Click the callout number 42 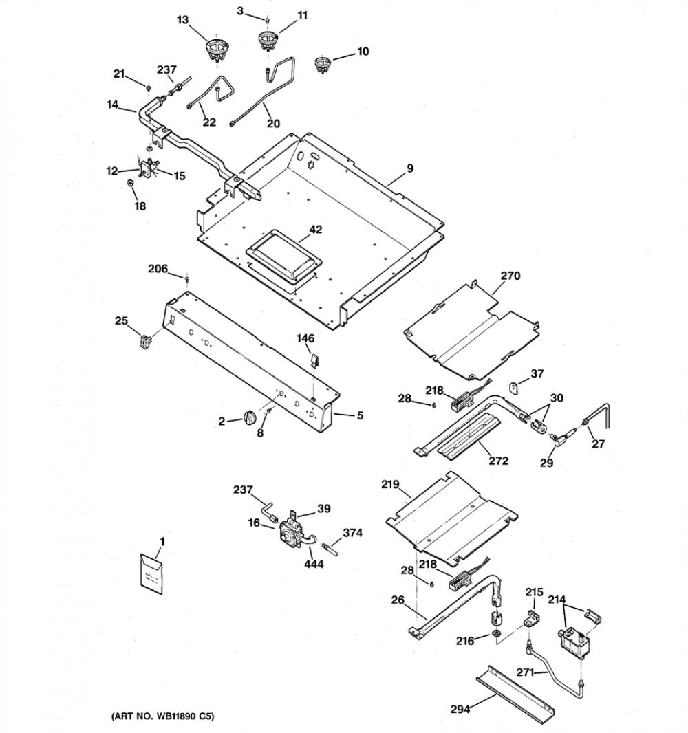click(x=316, y=230)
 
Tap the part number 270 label click(x=510, y=276)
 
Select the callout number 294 click(x=460, y=709)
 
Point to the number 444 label click(x=314, y=565)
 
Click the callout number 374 click(x=352, y=532)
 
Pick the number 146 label click(x=305, y=338)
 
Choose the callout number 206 click(x=158, y=269)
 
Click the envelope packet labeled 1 click(x=151, y=574)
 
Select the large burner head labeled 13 click(x=217, y=49)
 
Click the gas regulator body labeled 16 click(x=290, y=534)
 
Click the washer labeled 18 click(x=131, y=183)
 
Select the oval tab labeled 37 click(x=515, y=388)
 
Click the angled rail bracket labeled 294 click(x=514, y=694)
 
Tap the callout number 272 click(x=498, y=461)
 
